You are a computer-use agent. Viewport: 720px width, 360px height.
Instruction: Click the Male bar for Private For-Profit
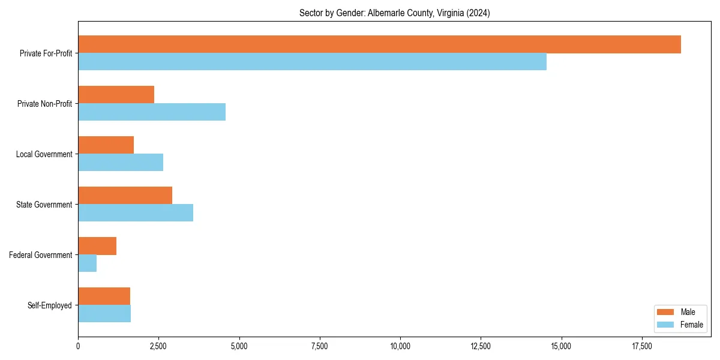coord(379,44)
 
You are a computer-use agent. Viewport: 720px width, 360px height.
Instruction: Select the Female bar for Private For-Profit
coord(312,62)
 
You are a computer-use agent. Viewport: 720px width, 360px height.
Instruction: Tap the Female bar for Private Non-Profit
coord(152,112)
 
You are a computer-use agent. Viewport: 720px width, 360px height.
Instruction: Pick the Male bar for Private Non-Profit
coord(116,95)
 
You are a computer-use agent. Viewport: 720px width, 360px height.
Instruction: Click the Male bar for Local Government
coord(106,145)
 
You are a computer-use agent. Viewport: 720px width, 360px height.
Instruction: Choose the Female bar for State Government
coord(136,213)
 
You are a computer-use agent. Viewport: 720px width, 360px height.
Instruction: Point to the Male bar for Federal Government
coord(97,246)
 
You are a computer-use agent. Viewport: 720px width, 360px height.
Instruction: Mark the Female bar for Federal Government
coord(87,263)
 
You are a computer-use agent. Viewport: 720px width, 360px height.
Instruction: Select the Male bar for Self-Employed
coord(104,296)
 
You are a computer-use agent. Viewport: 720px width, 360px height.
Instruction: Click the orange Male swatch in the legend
coord(666,312)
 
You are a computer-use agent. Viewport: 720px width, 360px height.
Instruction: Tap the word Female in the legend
coord(692,325)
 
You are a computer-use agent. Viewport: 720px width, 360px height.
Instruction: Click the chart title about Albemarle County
coord(394,13)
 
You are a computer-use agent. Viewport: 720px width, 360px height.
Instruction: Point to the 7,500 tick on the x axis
coord(320,346)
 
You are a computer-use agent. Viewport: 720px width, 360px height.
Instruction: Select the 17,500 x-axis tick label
coord(642,346)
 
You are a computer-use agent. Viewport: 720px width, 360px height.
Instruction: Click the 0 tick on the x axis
coord(78,346)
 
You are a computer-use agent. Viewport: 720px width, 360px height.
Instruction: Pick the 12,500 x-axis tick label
coord(481,346)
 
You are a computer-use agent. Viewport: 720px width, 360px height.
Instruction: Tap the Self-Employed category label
coord(50,305)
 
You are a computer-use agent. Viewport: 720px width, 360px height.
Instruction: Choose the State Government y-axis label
coord(44,205)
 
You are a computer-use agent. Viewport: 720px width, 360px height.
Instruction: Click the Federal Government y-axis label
coord(41,255)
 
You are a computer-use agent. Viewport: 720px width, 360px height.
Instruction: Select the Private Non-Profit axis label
coord(45,104)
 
